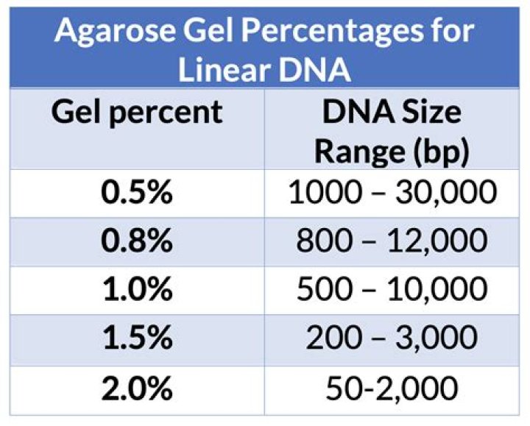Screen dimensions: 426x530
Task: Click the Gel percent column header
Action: pyautogui.click(x=136, y=113)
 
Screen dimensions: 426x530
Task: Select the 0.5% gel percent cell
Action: pyautogui.click(x=136, y=194)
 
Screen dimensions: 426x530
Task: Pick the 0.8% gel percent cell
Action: pyautogui.click(x=136, y=241)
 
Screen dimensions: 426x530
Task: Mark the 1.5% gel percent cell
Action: pyautogui.click(x=136, y=338)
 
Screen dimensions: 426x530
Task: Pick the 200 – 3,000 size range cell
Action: pyautogui.click(x=392, y=338)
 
